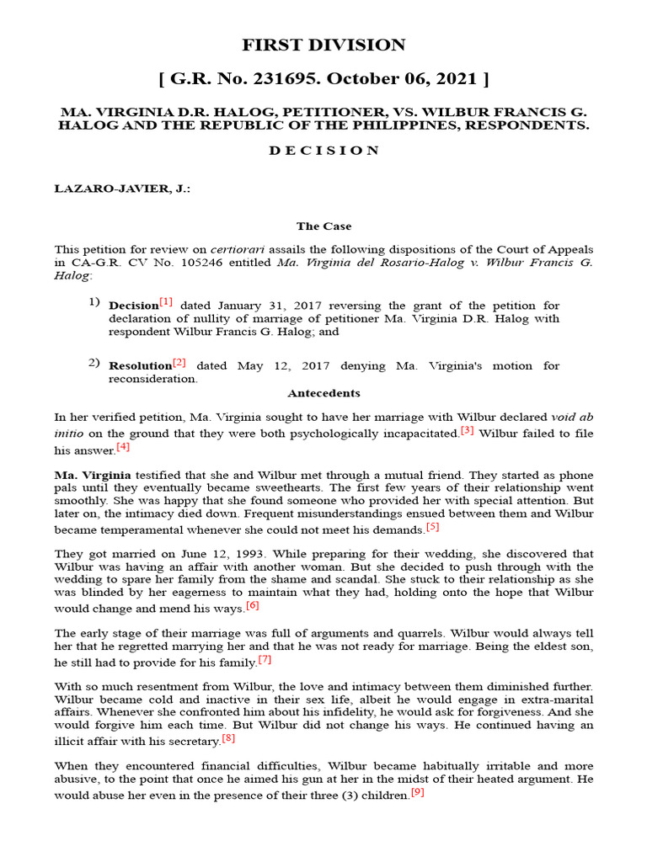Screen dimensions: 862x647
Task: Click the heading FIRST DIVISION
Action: coord(323,45)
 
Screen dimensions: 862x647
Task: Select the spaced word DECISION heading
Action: coord(323,151)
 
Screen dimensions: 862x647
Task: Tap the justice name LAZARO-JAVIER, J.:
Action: coord(122,189)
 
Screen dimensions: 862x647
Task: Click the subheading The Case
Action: coord(323,226)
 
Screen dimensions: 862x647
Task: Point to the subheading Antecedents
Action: coord(323,393)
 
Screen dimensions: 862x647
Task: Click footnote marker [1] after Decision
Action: coord(166,301)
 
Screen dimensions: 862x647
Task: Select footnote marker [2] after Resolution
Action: coord(179,363)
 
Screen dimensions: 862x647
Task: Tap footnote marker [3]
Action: coord(468,430)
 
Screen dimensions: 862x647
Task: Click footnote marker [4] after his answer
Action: coord(123,447)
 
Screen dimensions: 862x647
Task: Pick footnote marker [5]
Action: coord(432,527)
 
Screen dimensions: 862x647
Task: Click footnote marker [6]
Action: coord(253,604)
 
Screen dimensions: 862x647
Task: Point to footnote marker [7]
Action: coord(265,659)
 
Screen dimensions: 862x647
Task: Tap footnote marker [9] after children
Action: coord(418,792)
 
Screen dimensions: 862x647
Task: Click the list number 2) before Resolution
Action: coord(94,364)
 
